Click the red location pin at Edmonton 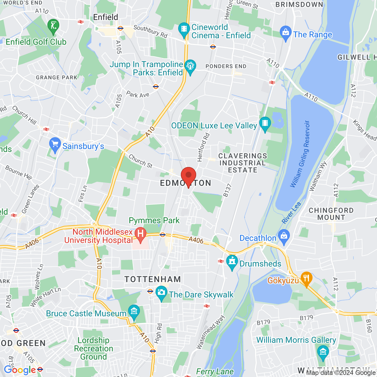tap(188, 176)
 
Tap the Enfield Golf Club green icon tap(53, 26)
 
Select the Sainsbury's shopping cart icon tap(55, 144)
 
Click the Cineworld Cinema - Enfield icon tap(184, 29)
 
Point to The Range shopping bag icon tap(285, 33)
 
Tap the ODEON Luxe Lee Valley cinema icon tap(265, 124)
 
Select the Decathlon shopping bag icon tap(284, 237)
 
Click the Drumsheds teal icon tap(232, 262)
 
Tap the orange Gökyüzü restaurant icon tap(306, 278)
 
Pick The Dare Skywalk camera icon tap(161, 293)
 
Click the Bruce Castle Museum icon tap(134, 312)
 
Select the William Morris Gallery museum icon tap(323, 352)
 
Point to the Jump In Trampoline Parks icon tap(190, 67)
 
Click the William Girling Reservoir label tap(300, 154)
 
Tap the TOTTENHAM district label tap(153, 279)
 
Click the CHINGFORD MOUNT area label tap(331, 214)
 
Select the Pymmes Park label tap(154, 220)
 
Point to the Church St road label tap(140, 161)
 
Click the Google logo tap(20, 370)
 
